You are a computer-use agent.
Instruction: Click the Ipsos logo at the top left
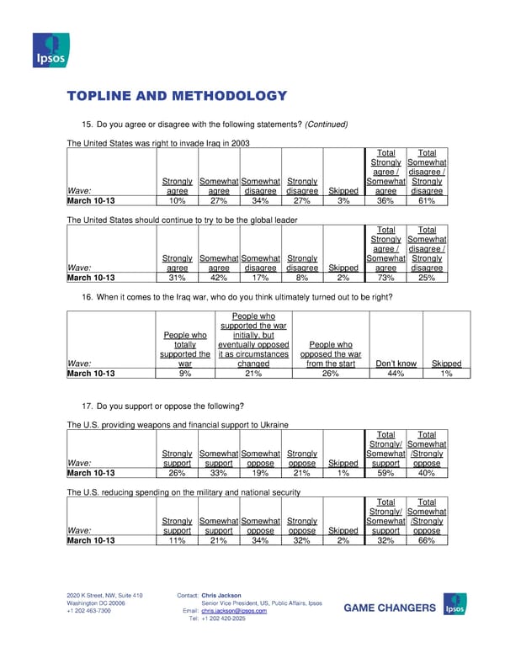click(50, 50)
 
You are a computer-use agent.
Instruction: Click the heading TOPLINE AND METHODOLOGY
click(177, 97)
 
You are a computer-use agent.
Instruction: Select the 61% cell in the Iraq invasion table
click(427, 201)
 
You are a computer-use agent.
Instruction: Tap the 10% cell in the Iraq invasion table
click(176, 201)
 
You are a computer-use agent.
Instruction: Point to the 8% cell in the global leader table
click(301, 279)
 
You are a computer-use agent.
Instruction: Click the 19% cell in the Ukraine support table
click(260, 473)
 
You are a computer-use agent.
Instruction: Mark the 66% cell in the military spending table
click(427, 540)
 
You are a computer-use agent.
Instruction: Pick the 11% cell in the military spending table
click(176, 540)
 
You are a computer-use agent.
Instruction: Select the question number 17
click(87, 407)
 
